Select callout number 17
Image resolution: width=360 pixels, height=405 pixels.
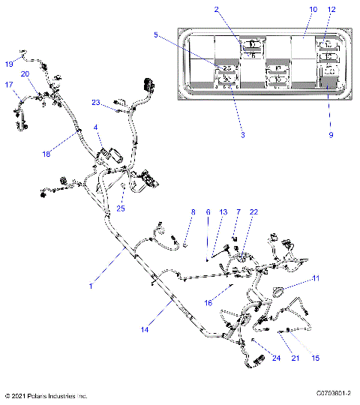10,85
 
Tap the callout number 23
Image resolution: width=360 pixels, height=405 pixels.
96,102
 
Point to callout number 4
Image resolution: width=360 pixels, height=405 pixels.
96,128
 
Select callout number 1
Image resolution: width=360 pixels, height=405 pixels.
91,285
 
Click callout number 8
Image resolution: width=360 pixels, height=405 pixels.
171,213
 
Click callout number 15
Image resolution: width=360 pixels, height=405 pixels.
316,358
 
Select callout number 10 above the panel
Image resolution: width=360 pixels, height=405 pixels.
292,10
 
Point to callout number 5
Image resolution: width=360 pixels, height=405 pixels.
156,34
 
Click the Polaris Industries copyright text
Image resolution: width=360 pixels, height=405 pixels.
46,396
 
